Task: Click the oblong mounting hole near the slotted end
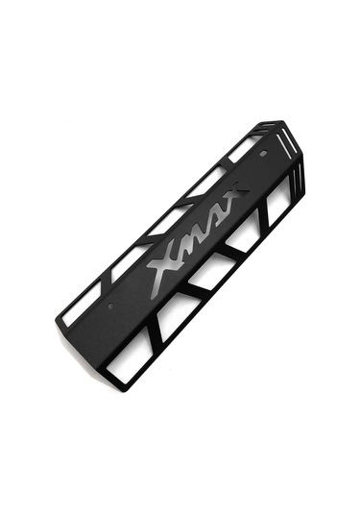pyautogui.click(x=262, y=153)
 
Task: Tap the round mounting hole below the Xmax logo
pyautogui.click(x=110, y=306)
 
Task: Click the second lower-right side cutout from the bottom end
pyautogui.click(x=173, y=315)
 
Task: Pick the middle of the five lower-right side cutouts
pyautogui.click(x=211, y=273)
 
